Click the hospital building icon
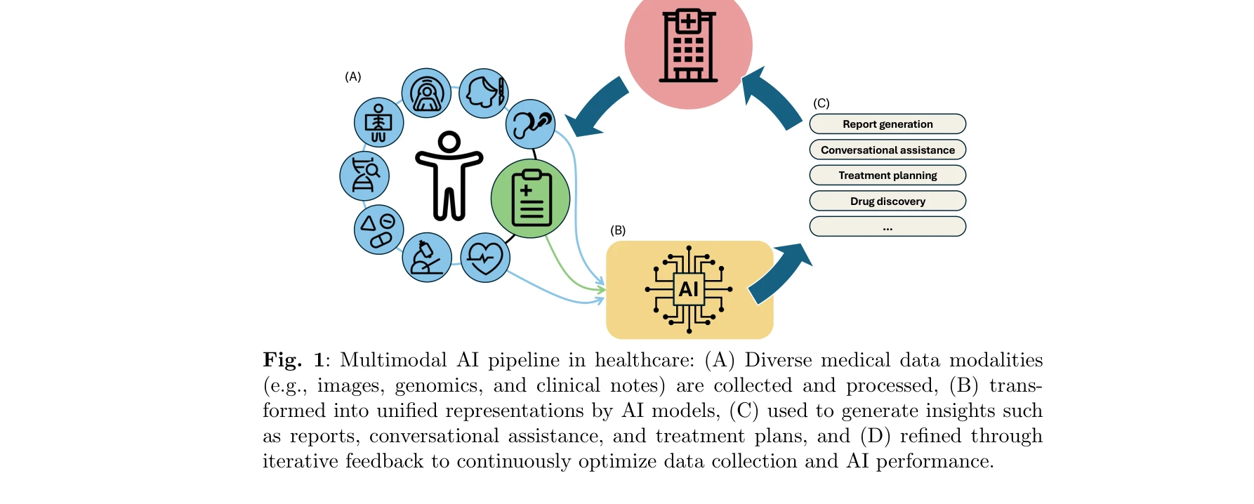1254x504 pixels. coord(688,46)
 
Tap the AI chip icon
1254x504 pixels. coord(689,289)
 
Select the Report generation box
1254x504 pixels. coord(887,124)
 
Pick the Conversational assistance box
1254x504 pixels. coord(887,150)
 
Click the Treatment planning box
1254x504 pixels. coord(887,175)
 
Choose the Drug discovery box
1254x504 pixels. coord(887,201)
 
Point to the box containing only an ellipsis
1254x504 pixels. coord(887,227)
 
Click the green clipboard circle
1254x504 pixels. coord(530,199)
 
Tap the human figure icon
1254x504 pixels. coord(449,175)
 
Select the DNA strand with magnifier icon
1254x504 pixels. coord(364,175)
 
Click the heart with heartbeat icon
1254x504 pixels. coord(485,258)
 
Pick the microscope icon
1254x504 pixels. coord(427,258)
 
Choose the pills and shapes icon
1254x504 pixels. coord(379,230)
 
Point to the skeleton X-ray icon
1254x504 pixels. coord(379,122)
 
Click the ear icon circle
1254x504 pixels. coord(530,124)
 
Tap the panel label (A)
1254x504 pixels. coord(353,77)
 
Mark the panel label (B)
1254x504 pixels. coord(618,230)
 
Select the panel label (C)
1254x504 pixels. coord(821,103)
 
